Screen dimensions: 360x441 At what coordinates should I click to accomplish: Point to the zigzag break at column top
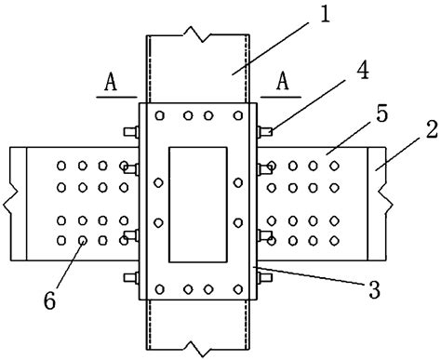tap(197, 36)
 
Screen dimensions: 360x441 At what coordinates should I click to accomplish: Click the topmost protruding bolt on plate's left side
tap(128, 130)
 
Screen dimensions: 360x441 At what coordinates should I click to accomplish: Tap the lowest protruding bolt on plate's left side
tap(128, 275)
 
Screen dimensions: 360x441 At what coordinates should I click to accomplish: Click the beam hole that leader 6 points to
tap(84, 241)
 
